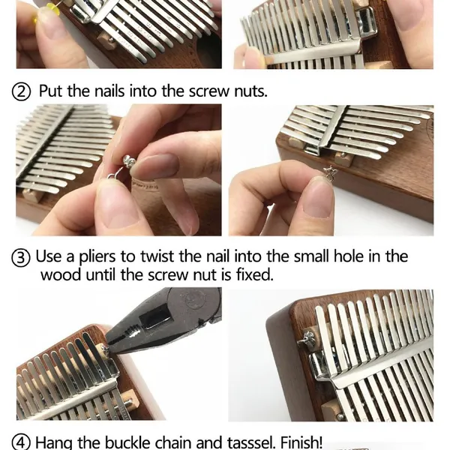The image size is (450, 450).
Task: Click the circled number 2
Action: pos(23,91)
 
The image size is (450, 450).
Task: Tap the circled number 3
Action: pos(23,257)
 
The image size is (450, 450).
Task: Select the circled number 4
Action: pos(23,442)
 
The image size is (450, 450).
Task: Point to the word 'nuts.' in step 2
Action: pos(247,91)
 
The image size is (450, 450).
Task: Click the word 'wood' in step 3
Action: pos(59,274)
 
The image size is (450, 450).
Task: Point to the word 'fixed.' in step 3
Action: pos(252,274)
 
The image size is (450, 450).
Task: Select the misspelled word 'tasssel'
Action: pos(259,442)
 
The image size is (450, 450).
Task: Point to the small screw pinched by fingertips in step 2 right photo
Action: pos(328,174)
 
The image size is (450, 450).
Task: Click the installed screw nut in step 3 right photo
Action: pos(308,340)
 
